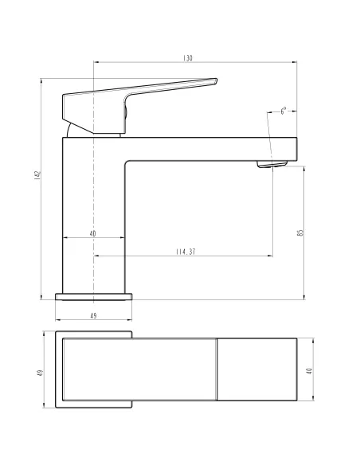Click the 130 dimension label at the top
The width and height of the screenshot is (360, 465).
click(x=188, y=59)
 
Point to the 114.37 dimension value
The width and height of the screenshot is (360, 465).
click(x=186, y=252)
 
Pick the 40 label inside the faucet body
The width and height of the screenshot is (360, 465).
click(x=93, y=233)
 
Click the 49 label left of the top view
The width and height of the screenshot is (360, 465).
click(x=38, y=373)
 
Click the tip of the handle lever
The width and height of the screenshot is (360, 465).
click(x=213, y=80)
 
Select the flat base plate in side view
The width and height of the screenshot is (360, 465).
click(x=93, y=297)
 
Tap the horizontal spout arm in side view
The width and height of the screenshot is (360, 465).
click(x=207, y=148)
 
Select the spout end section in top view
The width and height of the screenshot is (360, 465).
click(x=256, y=371)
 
